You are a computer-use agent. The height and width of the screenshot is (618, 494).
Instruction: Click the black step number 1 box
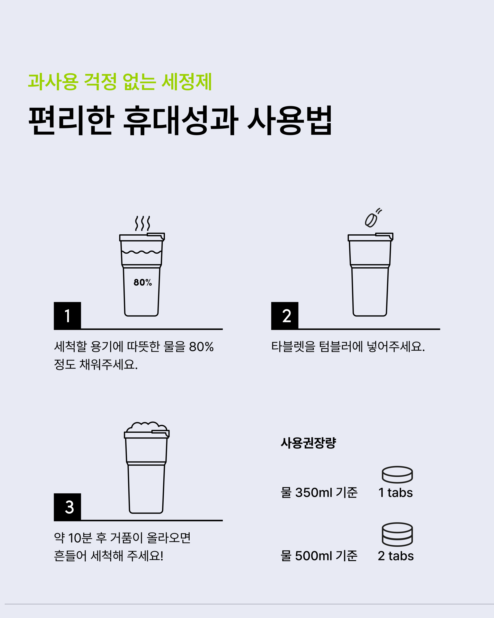point(67,316)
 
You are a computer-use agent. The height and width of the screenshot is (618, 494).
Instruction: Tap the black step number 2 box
point(285,316)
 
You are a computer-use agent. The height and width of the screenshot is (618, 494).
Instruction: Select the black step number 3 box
point(67,507)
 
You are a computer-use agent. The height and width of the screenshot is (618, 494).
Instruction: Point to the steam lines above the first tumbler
point(142,223)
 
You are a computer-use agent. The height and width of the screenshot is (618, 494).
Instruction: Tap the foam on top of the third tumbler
point(147,427)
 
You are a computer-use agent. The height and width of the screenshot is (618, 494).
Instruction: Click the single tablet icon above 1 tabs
point(397,475)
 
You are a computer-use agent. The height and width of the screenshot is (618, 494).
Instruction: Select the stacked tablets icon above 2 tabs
point(397,534)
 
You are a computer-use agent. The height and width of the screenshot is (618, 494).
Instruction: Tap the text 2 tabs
point(396,556)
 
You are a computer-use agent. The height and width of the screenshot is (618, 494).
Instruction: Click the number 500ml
point(314,556)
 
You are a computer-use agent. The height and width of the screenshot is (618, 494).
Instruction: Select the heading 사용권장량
point(308,443)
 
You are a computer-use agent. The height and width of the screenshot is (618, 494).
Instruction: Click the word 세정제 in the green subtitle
point(187,82)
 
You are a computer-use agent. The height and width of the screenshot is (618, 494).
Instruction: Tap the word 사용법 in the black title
point(290,120)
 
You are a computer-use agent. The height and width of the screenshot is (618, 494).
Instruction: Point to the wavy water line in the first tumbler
point(142,252)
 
